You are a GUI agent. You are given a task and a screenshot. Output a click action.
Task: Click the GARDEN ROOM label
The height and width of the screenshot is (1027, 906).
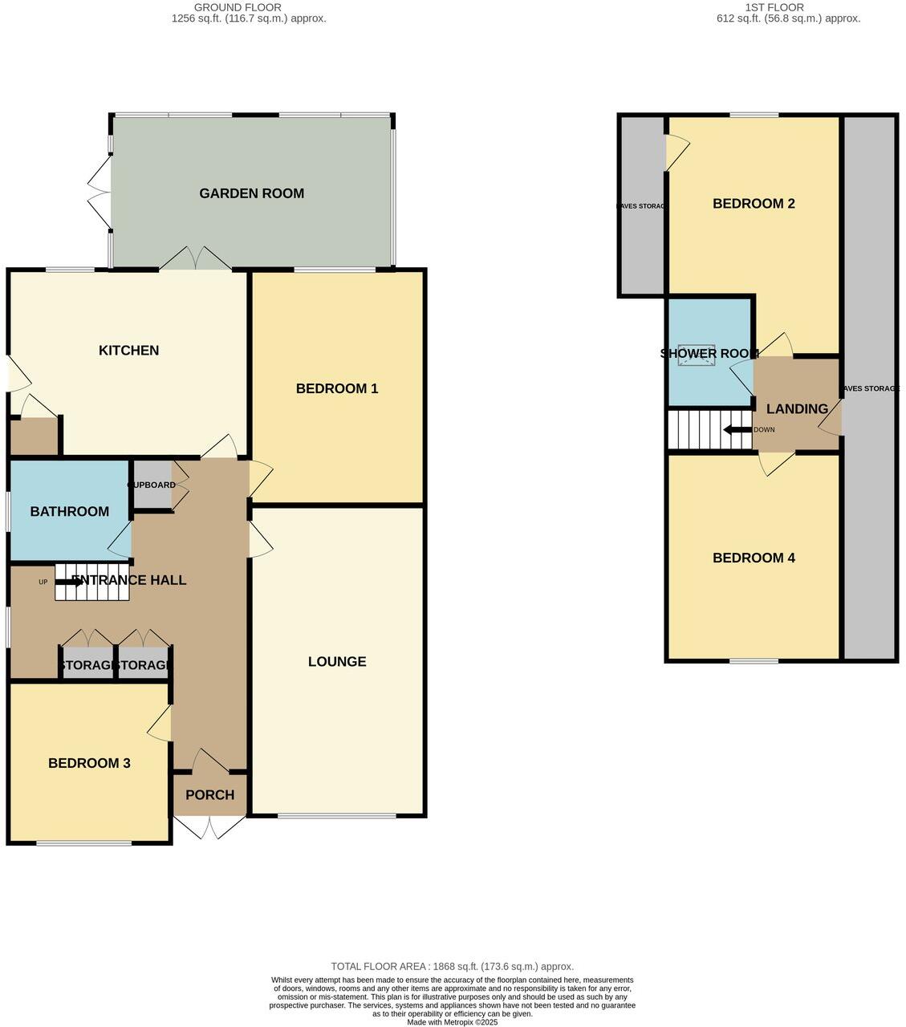[x=251, y=193]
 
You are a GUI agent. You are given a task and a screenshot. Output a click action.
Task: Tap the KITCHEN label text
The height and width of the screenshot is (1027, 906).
[x=128, y=351]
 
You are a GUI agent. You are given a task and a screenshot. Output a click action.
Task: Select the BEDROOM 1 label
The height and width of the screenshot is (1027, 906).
[x=337, y=389]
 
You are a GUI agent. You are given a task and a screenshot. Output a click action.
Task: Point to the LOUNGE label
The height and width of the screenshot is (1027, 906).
[x=337, y=662]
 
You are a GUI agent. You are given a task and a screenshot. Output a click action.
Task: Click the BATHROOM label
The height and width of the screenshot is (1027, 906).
[x=70, y=512]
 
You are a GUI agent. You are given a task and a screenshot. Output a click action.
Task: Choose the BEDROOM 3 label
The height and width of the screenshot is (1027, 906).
[x=89, y=764]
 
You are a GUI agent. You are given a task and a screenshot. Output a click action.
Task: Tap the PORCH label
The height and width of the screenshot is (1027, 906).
[x=209, y=795]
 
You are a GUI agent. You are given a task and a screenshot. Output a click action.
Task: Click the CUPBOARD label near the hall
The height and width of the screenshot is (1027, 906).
[x=152, y=485]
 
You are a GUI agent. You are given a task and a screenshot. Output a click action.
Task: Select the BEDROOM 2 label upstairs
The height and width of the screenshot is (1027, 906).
[x=754, y=204]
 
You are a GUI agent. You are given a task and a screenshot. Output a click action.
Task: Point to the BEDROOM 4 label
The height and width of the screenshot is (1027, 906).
[x=754, y=558]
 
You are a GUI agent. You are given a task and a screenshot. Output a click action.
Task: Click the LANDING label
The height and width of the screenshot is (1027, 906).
[x=797, y=409]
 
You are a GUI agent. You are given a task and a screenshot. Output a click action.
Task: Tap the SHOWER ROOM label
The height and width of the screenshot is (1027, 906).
[x=709, y=354]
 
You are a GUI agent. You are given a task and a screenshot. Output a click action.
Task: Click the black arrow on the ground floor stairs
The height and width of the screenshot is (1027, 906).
[x=69, y=582]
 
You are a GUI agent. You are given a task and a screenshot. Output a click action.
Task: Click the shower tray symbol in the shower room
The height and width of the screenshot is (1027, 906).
[x=696, y=355]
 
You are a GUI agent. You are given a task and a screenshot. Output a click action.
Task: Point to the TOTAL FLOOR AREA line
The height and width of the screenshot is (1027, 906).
[x=453, y=967]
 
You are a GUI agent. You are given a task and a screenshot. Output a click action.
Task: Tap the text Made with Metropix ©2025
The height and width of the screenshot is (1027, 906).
[x=453, y=1022]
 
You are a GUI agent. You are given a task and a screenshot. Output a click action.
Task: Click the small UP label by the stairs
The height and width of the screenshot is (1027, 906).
[x=43, y=582]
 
